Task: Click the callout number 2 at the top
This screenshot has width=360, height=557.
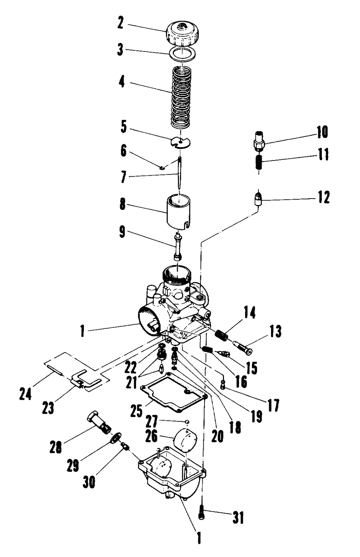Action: pos(120,24)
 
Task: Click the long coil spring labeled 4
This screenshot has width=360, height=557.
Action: pos(181,97)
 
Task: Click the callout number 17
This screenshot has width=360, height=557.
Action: pos(273,405)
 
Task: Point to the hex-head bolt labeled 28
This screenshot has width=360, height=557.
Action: pos(99,422)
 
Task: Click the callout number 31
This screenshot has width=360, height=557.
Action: pos(238,518)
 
